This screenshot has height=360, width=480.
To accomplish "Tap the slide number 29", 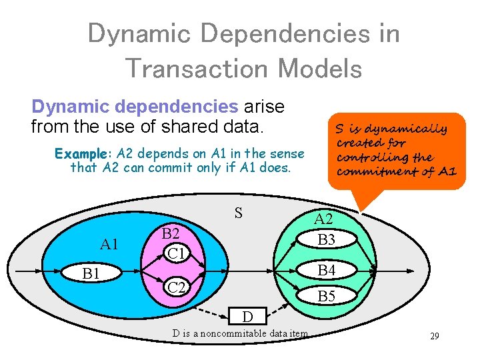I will tap(434, 336).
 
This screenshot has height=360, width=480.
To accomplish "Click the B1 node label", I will tap(91, 273).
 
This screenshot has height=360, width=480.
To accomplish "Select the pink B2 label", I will tap(171, 233).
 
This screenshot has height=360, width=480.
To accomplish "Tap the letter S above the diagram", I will tap(238, 213).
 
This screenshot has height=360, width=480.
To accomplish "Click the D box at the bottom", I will tap(247, 314).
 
